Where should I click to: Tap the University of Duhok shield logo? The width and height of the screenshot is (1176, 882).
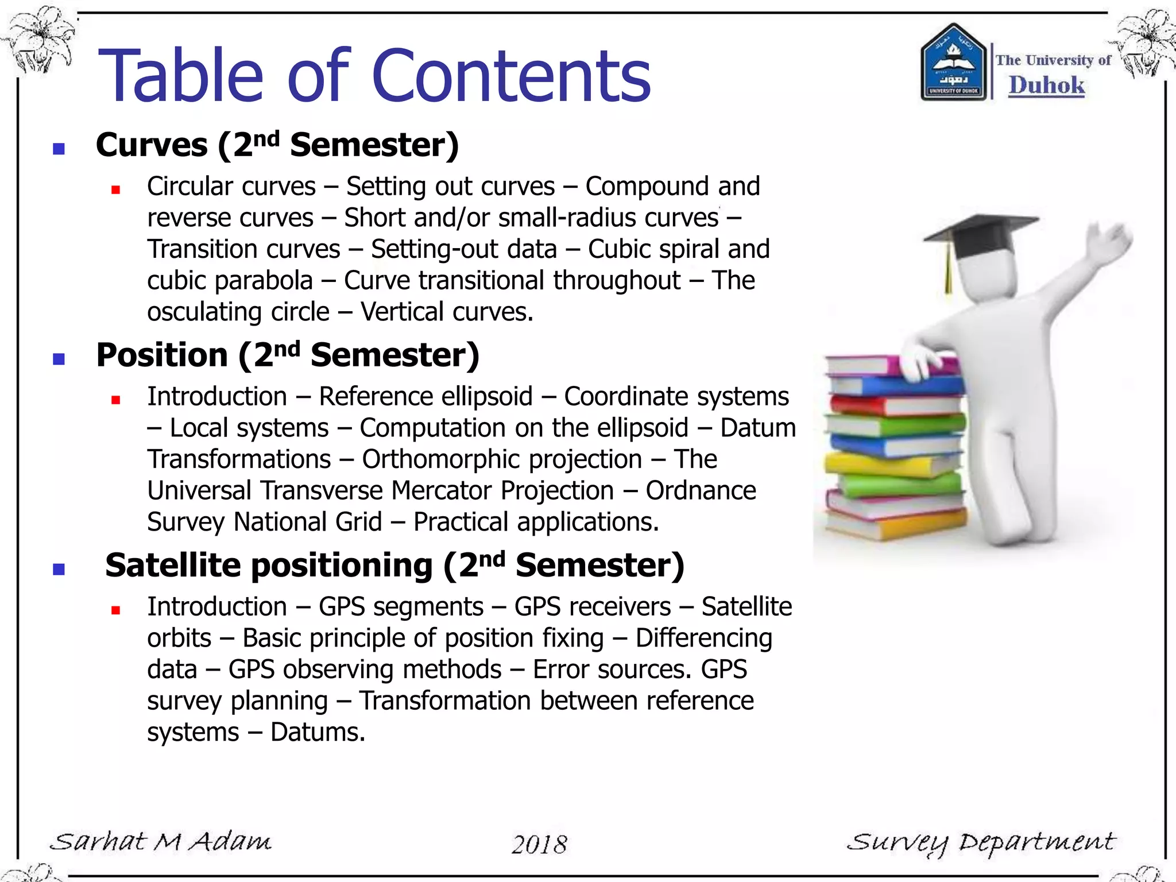[x=953, y=63]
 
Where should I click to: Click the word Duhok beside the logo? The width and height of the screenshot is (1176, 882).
[x=1046, y=86]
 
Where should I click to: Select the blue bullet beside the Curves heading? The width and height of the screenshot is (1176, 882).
[x=59, y=149]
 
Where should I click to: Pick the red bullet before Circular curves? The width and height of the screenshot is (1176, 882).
[x=115, y=190]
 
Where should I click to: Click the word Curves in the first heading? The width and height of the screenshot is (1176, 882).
[x=152, y=145]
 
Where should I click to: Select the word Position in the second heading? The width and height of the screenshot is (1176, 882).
[x=162, y=355]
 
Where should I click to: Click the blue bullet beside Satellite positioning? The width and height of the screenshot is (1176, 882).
[x=59, y=569]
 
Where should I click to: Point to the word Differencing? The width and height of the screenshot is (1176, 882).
[x=703, y=639]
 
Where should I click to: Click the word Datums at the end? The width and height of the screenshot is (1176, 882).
[x=317, y=733]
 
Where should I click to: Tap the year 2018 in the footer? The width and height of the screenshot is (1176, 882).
[x=539, y=844]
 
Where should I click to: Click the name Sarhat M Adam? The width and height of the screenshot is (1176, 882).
[x=161, y=842]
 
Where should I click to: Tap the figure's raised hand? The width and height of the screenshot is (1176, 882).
[x=1111, y=241]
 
